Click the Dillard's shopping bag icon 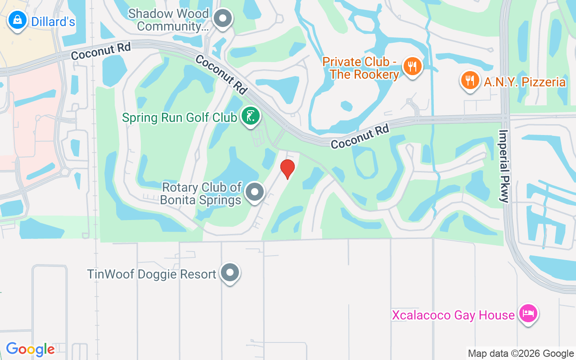click(x=17, y=21)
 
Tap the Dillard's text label click(x=53, y=21)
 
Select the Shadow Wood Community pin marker click(x=222, y=19)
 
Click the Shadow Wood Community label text click(x=168, y=20)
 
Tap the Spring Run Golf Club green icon click(x=251, y=116)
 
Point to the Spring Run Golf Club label click(x=180, y=117)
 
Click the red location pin click(x=287, y=169)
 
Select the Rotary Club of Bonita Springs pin click(x=255, y=192)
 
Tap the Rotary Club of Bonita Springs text click(x=202, y=193)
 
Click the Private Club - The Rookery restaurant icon click(x=412, y=67)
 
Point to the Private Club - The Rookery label click(x=361, y=68)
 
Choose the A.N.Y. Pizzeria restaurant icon click(x=470, y=81)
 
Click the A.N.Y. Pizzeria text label click(x=525, y=82)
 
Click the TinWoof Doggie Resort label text click(x=152, y=274)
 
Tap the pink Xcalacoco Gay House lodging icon click(x=528, y=314)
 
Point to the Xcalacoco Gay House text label click(x=453, y=315)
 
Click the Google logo click(x=30, y=349)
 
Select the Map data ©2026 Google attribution click(x=521, y=353)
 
